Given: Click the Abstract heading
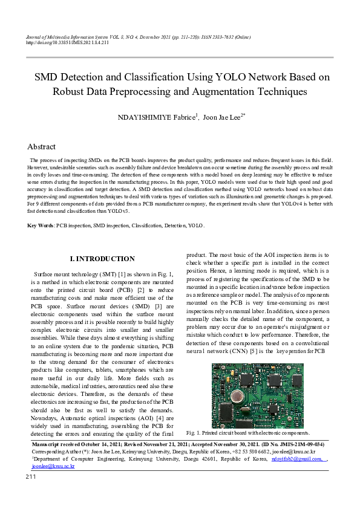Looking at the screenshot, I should (x=41, y=147).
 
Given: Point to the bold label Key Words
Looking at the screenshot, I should (x=41, y=225).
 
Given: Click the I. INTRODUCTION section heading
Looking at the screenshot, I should (x=102, y=259).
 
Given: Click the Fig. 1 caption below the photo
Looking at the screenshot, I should (x=249, y=433).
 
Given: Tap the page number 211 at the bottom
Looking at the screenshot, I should (x=31, y=477).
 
